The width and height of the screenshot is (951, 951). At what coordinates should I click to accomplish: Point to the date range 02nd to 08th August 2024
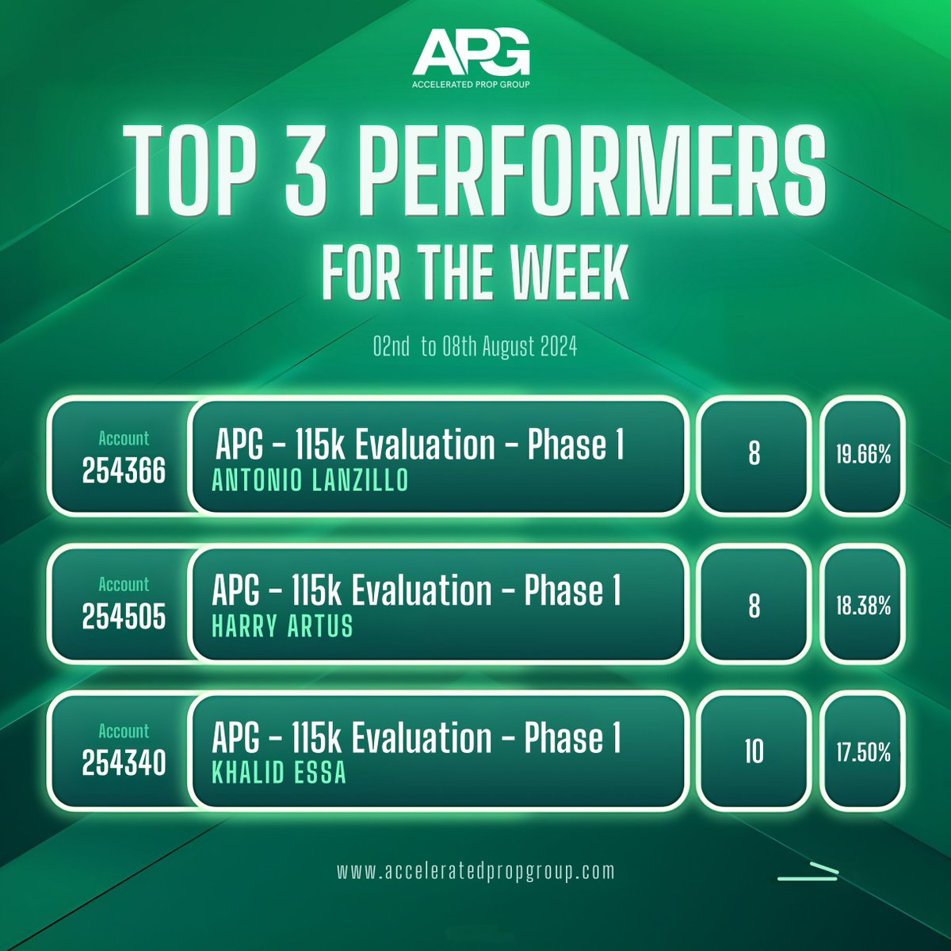[x=475, y=349]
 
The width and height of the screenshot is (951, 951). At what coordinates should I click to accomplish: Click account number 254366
[x=124, y=472]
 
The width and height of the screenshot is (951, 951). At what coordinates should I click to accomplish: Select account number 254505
[x=124, y=618]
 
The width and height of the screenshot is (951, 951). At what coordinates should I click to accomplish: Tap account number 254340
[x=124, y=764]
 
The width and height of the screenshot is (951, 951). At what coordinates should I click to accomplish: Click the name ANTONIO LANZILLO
[x=311, y=481]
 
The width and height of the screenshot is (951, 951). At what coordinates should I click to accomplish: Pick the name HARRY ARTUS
[x=282, y=627]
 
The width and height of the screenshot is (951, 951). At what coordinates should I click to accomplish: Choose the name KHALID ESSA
[x=279, y=773]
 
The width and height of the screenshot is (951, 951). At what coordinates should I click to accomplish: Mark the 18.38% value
[x=862, y=606]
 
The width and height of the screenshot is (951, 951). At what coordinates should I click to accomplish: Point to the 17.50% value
[x=862, y=752]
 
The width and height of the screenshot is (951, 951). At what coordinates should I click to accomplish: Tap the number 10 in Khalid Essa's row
[x=754, y=752]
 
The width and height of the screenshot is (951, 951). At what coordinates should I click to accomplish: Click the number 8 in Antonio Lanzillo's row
[x=754, y=455]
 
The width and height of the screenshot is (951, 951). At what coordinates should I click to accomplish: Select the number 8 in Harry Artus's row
[x=754, y=606]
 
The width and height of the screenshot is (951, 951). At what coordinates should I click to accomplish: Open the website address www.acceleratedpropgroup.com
[x=475, y=870]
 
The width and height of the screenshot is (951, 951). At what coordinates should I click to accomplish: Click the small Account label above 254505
[x=124, y=585]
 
